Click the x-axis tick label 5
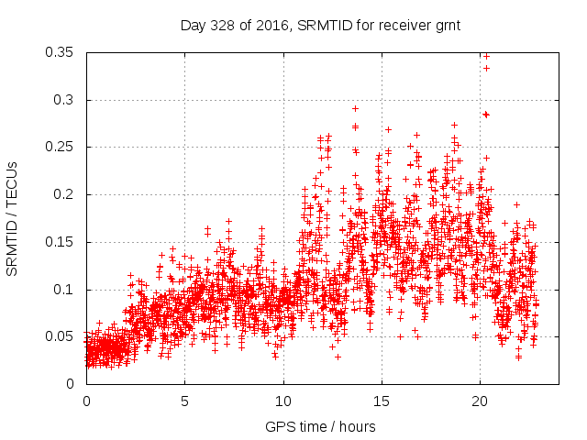click(184, 401)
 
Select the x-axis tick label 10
click(283, 401)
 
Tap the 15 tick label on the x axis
click(382, 401)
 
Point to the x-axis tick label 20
click(480, 401)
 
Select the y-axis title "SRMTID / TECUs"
click(13, 218)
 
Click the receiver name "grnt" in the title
click(447, 26)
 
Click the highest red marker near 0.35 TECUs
click(486, 55)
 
